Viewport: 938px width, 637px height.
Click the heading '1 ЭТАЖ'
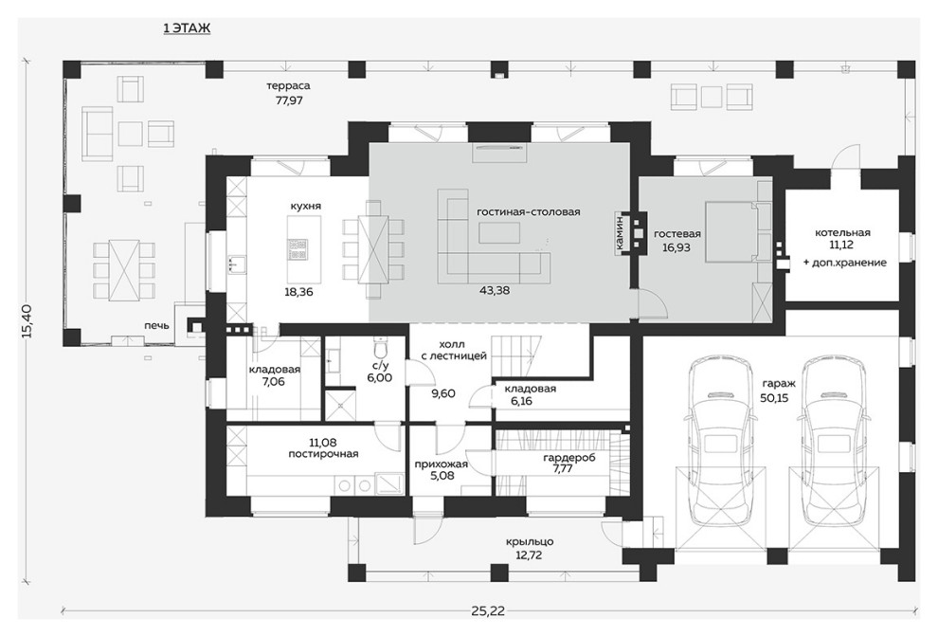(187, 28)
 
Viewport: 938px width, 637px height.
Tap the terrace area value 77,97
(289, 100)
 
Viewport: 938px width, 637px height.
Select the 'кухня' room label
(306, 206)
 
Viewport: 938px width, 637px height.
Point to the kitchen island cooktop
(298, 249)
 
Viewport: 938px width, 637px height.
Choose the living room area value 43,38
(495, 290)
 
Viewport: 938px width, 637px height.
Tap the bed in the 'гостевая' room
(731, 231)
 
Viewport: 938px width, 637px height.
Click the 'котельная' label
(842, 232)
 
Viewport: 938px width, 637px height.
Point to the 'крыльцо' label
(530, 541)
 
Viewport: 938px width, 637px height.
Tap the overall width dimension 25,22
(488, 610)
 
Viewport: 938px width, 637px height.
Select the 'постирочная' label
(323, 454)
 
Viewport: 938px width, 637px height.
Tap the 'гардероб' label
(568, 458)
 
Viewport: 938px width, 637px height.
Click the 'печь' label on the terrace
(156, 326)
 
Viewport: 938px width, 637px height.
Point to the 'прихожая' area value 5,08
(442, 476)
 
